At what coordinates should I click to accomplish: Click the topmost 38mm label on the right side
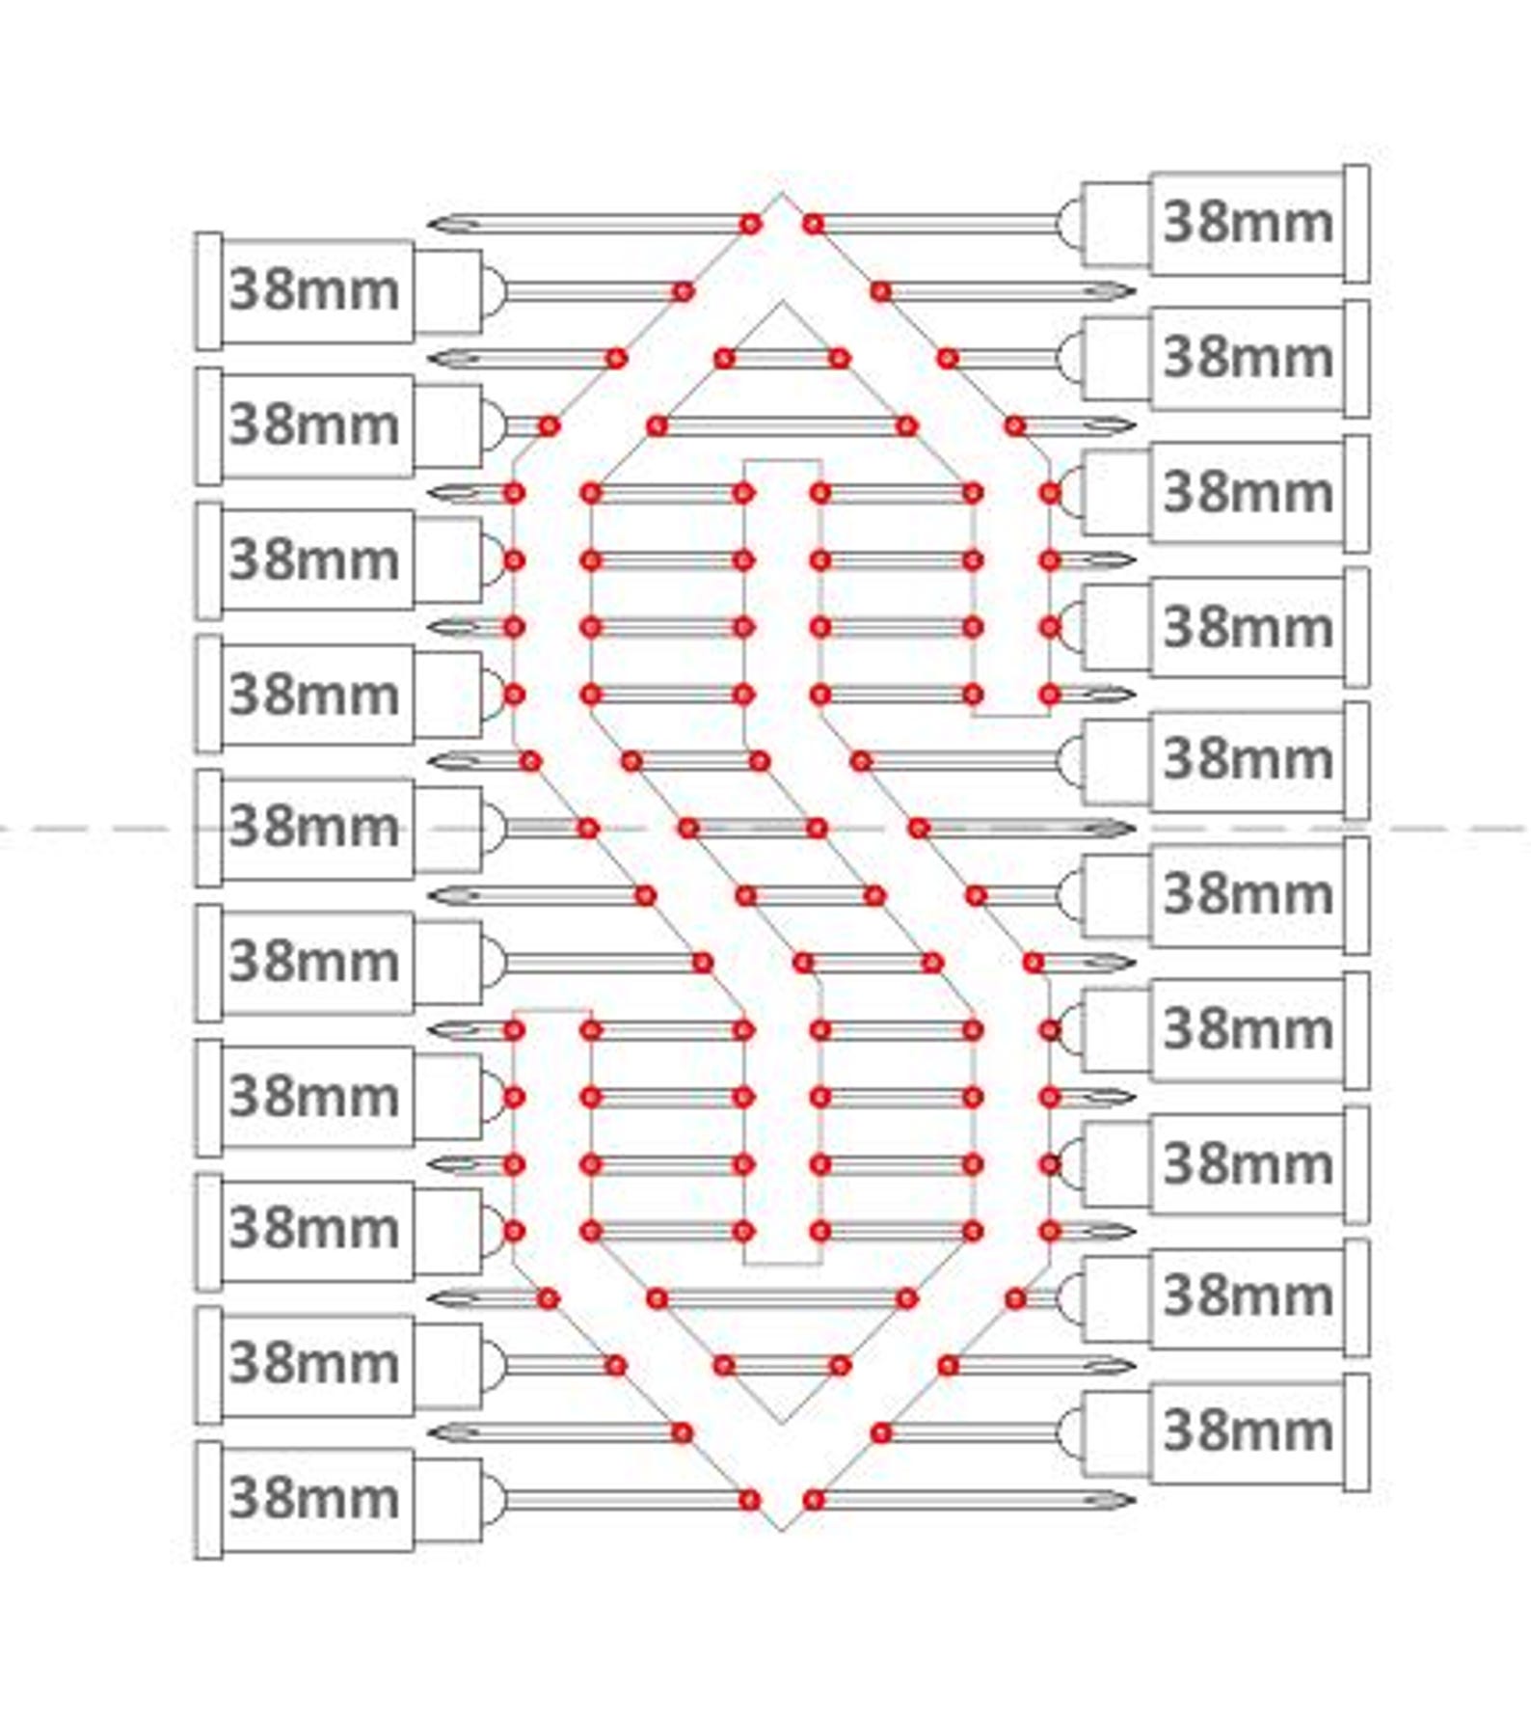[x=1249, y=223]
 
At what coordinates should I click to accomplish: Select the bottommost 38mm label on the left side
[x=313, y=1498]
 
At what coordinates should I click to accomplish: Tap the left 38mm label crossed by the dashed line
[x=313, y=827]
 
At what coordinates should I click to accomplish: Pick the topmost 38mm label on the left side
[x=313, y=290]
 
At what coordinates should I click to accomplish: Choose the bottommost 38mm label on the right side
[x=1249, y=1431]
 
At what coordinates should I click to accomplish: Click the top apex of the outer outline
[x=782, y=193]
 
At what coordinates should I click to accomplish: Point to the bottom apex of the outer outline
[x=782, y=1530]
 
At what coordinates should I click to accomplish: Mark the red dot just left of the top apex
[x=750, y=225]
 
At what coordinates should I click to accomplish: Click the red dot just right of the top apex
[x=814, y=225]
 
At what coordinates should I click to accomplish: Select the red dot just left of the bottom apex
[x=750, y=1500]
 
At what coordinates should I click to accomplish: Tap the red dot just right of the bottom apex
[x=814, y=1500]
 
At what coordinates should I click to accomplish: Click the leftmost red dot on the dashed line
[x=588, y=828]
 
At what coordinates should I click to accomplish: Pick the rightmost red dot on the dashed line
[x=919, y=828]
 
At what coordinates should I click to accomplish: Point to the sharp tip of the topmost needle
[x=431, y=225]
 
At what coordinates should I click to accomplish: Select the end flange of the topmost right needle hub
[x=1356, y=224]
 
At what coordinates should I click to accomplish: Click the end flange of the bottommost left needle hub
[x=208, y=1500]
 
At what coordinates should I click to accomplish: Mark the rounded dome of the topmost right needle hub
[x=1069, y=224]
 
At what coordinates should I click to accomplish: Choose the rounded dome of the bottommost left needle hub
[x=494, y=1500]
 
